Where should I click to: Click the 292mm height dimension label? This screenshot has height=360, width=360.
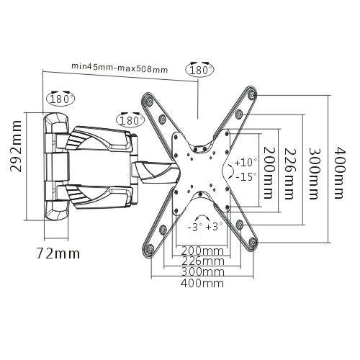(17, 146)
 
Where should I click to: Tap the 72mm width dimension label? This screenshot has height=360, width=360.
(58, 253)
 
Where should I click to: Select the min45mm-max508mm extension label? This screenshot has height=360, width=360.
(120, 68)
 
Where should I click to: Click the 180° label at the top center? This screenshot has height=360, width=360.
(199, 71)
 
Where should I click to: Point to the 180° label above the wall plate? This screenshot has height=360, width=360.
(60, 99)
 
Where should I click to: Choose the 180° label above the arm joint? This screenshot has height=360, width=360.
(130, 120)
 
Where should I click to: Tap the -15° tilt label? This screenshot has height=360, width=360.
(244, 177)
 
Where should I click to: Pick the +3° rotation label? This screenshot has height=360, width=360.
(214, 226)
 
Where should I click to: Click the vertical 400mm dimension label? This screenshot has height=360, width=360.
(340, 172)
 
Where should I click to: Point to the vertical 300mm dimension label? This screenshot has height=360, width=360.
(315, 174)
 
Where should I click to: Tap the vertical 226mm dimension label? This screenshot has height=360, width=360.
(290, 174)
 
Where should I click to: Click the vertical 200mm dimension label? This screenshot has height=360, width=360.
(269, 173)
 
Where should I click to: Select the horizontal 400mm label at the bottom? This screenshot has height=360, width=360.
(202, 283)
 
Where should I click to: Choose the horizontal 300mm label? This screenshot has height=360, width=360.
(202, 272)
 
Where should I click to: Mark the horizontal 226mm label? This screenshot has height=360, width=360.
(203, 261)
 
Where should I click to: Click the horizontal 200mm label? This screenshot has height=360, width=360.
(202, 251)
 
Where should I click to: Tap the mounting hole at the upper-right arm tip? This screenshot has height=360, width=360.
(251, 95)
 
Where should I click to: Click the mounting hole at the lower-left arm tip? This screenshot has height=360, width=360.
(149, 248)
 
